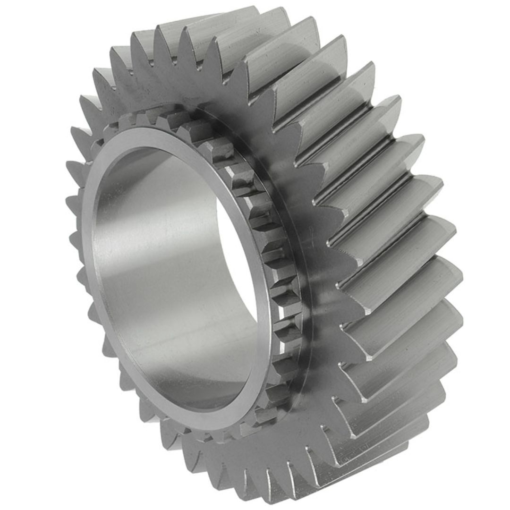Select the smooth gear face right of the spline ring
(321, 283)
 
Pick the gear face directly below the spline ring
(264, 453)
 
